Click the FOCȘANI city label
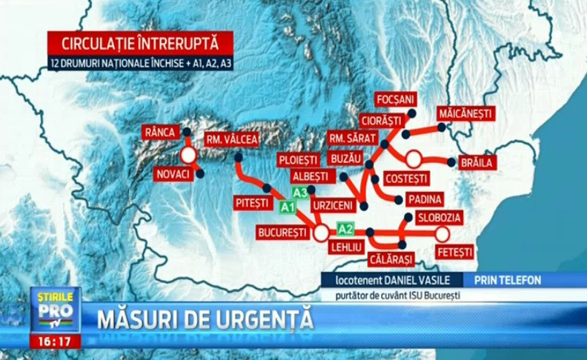(x=397, y=99)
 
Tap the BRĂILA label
(x=477, y=163)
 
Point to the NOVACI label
(x=173, y=174)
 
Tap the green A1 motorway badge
(x=287, y=207)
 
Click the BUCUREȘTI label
(x=282, y=233)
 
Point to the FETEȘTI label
(x=454, y=253)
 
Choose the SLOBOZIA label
(x=439, y=218)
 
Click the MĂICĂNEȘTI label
(x=465, y=113)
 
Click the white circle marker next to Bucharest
(x=321, y=233)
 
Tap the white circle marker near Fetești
(x=442, y=234)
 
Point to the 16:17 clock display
(x=56, y=341)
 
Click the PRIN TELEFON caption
(x=509, y=280)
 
